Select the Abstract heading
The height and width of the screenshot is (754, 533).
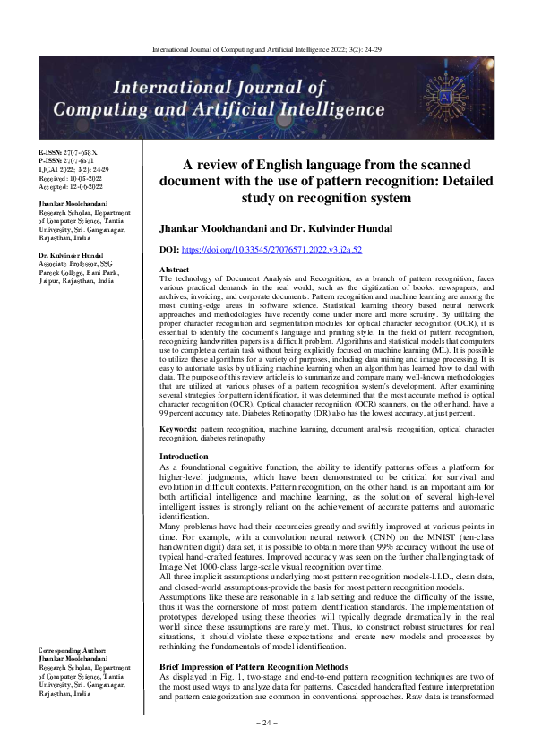[175, 269]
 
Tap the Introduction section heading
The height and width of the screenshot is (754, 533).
[184, 457]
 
